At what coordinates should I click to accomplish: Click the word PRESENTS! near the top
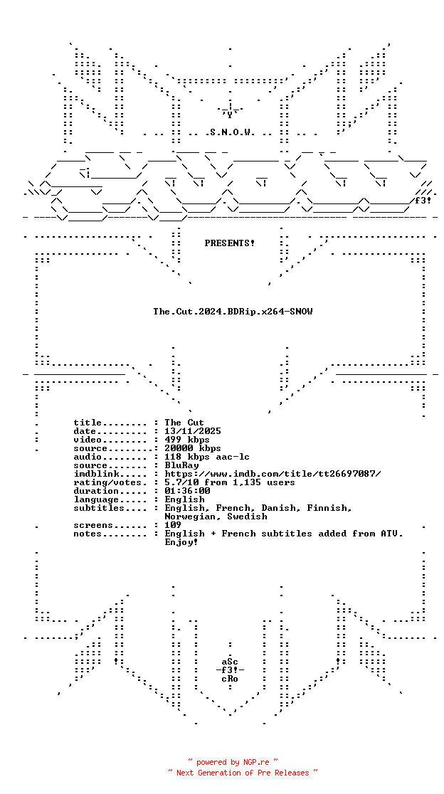pos(230,243)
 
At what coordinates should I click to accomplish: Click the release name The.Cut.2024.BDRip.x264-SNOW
pos(233,312)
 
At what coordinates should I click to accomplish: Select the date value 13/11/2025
pos(193,431)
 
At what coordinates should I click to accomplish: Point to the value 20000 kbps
pos(193,449)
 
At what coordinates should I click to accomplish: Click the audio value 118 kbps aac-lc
pos(207,457)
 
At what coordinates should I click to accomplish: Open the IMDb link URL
pos(273,474)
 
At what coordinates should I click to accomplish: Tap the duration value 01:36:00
pos(187,491)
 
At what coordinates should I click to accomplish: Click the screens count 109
pos(173,526)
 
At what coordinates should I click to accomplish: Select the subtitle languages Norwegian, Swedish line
pos(216,517)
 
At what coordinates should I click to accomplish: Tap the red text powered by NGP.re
pos(233,761)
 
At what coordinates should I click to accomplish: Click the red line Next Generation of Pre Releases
pos(243,773)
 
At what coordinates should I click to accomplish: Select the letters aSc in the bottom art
pos(230,662)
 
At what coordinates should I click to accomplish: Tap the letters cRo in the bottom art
pos(230,679)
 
